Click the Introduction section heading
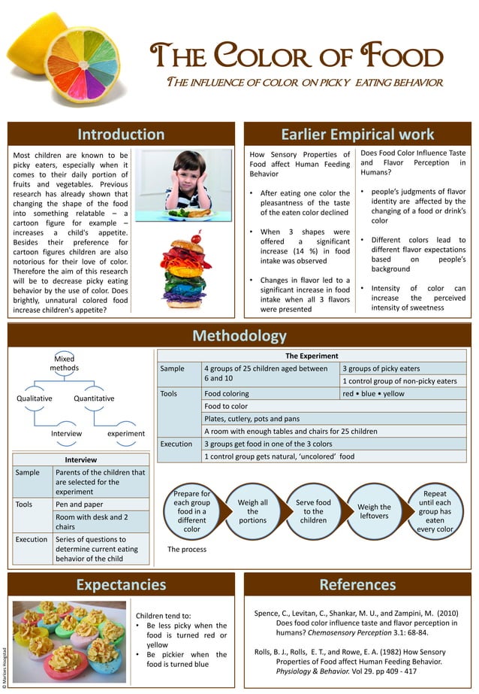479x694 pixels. click(121, 135)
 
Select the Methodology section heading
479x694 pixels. click(239, 335)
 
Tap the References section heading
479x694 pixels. click(357, 584)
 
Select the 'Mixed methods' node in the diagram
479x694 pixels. click(65, 363)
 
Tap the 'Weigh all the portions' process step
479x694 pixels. click(252, 512)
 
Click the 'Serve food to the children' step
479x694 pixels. click(313, 512)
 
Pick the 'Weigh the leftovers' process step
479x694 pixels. click(374, 512)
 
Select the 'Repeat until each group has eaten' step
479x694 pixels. click(435, 512)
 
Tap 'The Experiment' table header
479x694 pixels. click(312, 356)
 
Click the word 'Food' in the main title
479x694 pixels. click(403, 57)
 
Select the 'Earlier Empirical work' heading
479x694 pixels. click(357, 135)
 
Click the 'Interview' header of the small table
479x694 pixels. click(80, 459)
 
